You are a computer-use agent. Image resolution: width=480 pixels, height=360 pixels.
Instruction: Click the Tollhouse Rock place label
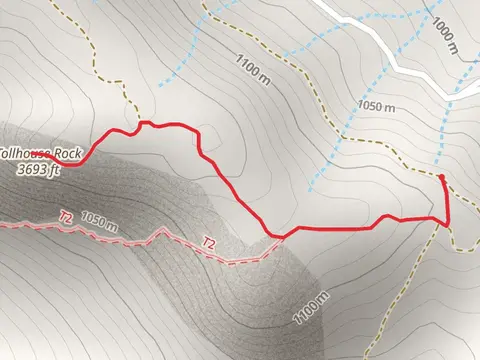coord(40,154)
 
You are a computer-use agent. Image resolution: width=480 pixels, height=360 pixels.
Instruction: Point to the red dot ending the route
coord(442,177)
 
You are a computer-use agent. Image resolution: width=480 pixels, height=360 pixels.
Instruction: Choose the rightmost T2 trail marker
coord(209,242)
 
